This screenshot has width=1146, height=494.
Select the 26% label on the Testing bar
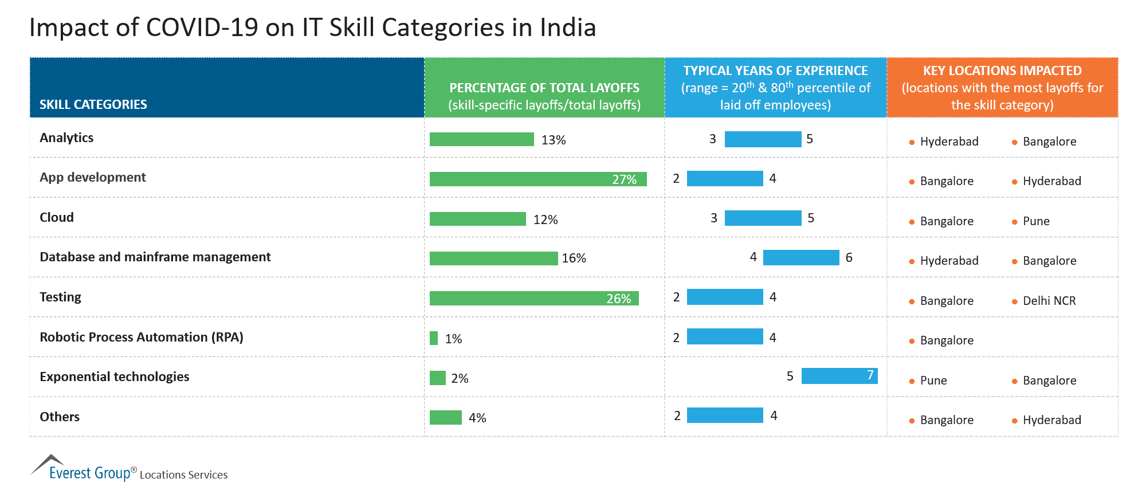pos(618,299)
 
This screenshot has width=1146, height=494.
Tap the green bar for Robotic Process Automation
pos(434,338)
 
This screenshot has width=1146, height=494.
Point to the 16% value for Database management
pos(574,258)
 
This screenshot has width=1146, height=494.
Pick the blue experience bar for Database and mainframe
pos(800,257)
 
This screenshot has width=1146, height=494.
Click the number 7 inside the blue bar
pos(870,375)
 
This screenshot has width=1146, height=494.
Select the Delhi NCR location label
pos(1049,301)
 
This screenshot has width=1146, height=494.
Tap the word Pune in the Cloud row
pos(1036,221)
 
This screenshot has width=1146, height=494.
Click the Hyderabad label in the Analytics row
pos(949,142)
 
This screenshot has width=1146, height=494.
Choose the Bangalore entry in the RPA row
pos(947,340)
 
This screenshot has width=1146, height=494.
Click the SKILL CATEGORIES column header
pos(93,104)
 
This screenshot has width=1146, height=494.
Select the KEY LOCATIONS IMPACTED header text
pos(1002,71)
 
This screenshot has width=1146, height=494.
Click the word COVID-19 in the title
pos(202,28)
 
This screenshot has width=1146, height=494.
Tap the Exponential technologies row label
pos(114,377)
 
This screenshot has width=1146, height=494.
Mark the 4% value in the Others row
pos(477,418)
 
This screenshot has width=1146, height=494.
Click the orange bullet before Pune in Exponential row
pos(912,381)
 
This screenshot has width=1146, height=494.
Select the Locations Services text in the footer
pos(183,475)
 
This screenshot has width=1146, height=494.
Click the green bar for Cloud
pos(477,219)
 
